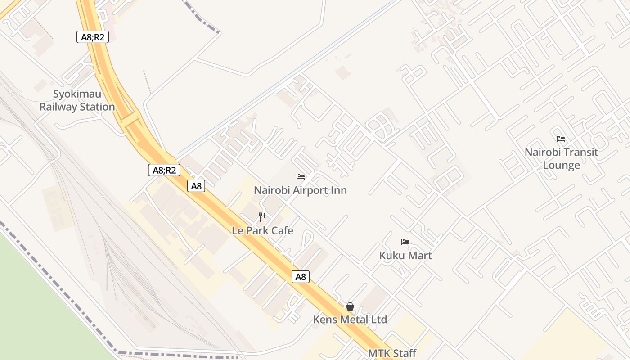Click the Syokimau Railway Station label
(x=77, y=100)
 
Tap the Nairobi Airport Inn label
(x=300, y=190)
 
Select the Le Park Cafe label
(x=262, y=230)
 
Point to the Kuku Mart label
(x=405, y=255)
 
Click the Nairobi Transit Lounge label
(x=561, y=158)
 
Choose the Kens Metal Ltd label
(x=350, y=319)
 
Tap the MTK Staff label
(x=392, y=353)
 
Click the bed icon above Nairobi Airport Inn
(x=301, y=177)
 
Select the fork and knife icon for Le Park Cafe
(x=263, y=218)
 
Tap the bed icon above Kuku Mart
(x=405, y=242)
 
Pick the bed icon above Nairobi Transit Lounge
(x=561, y=139)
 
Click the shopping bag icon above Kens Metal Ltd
(x=350, y=306)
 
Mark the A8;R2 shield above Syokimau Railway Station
(x=93, y=37)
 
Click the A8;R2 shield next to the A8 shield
(x=164, y=170)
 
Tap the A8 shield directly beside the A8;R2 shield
(x=196, y=186)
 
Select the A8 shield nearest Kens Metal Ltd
(x=301, y=277)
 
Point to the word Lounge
(x=561, y=165)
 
